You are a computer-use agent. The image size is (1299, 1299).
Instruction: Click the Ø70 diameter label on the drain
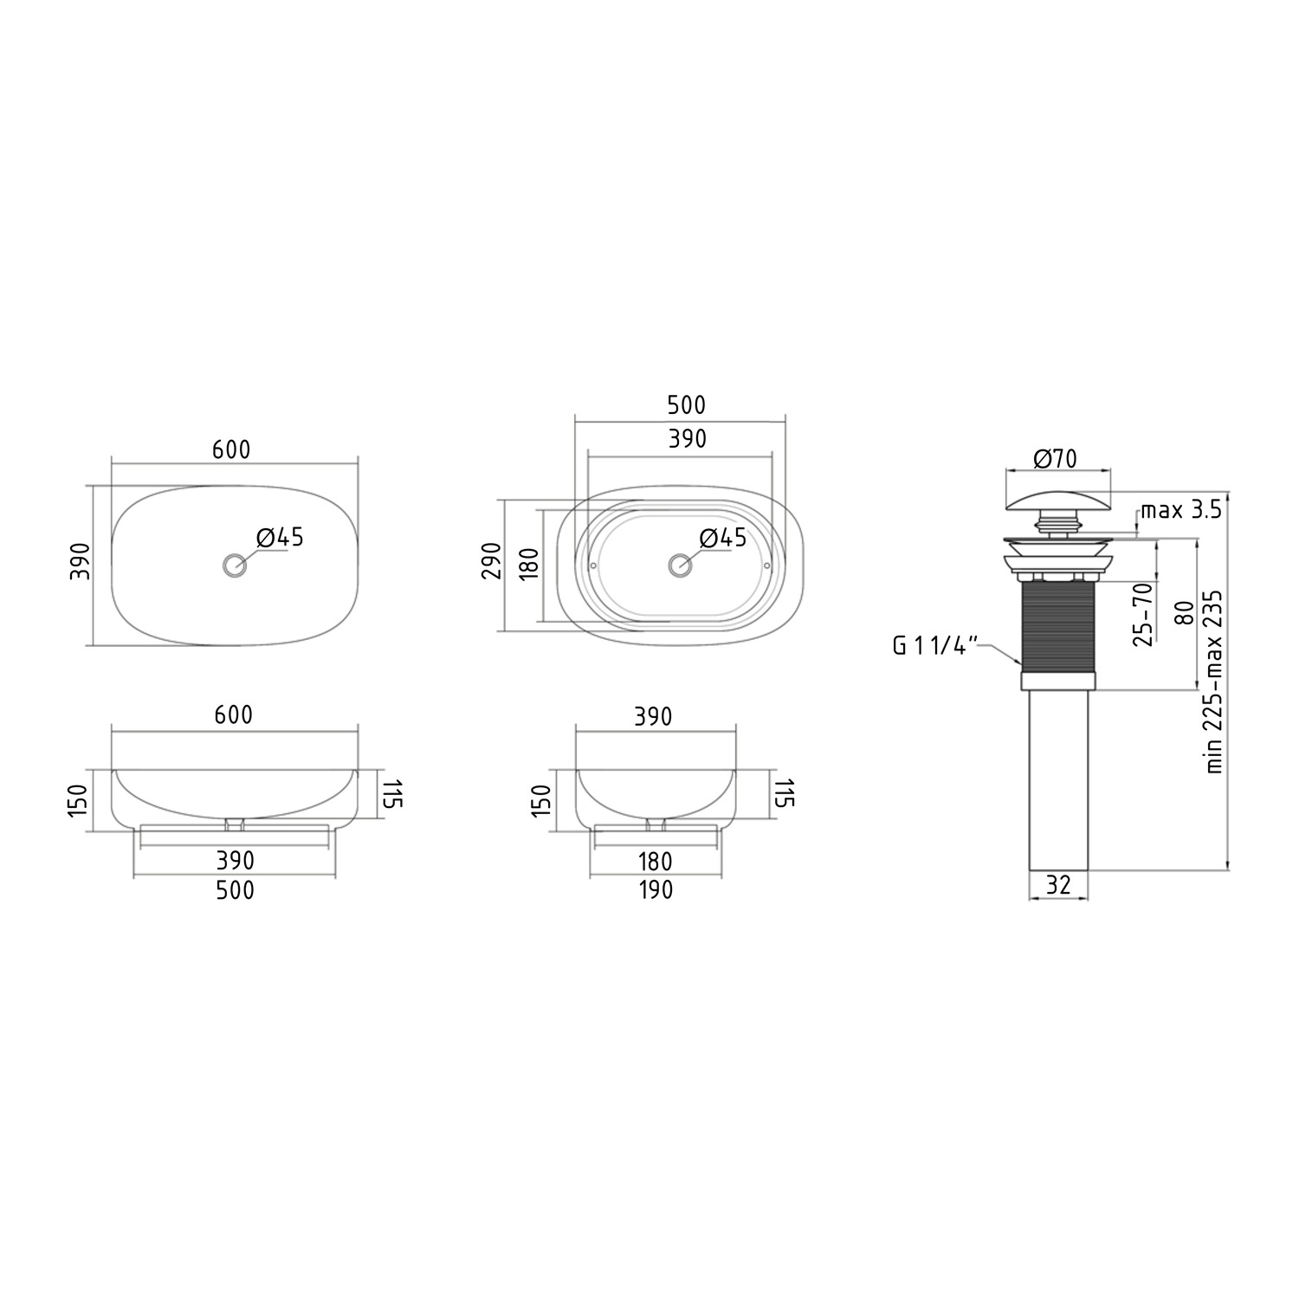pos(1056,459)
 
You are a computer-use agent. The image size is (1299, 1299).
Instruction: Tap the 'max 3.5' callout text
pos(1180,509)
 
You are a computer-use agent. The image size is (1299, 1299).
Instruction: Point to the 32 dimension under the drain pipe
pos(1059,884)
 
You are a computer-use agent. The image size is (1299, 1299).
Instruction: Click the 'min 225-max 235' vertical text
pos(1214,682)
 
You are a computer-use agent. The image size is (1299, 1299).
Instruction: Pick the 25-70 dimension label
pos(1143,614)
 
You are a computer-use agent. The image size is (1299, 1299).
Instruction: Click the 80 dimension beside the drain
pos(1185,612)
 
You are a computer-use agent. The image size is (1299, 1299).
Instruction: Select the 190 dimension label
pos(655,889)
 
